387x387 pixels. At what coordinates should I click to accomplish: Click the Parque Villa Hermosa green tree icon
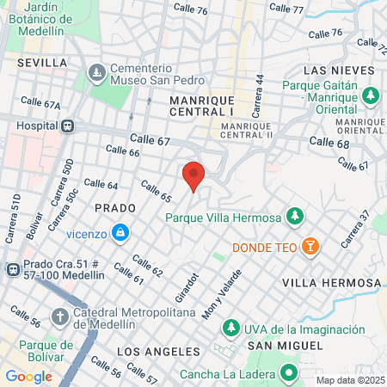(x=294, y=216)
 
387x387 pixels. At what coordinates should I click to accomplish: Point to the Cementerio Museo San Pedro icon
(x=96, y=70)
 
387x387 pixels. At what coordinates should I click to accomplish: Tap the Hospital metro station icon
(x=67, y=125)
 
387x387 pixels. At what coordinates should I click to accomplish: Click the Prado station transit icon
(x=13, y=269)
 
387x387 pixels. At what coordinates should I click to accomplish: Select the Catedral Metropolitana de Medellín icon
(x=59, y=317)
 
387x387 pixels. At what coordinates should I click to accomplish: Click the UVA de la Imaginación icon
(x=230, y=329)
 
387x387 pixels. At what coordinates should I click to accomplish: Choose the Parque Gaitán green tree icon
(x=372, y=95)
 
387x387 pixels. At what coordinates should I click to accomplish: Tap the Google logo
(x=28, y=376)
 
